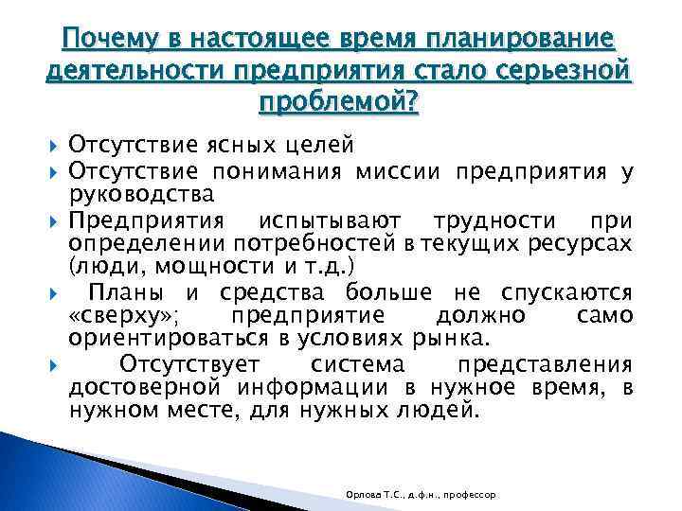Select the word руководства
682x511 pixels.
pyautogui.click(x=141, y=195)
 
